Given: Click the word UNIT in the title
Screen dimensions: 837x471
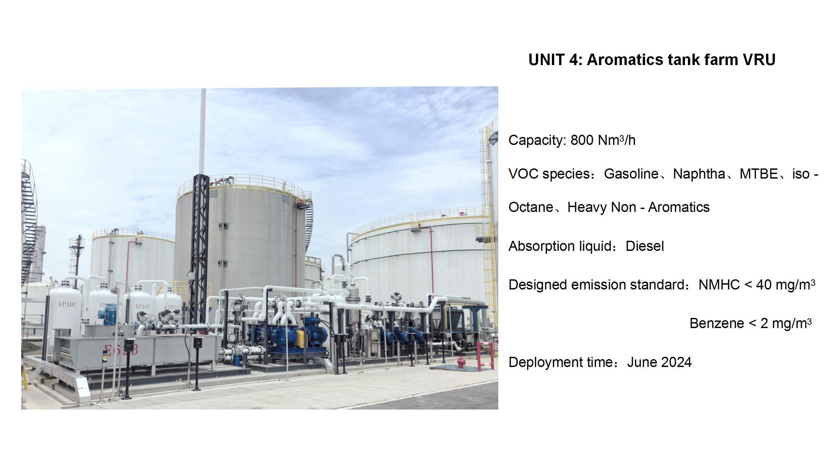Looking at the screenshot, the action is click(x=547, y=60).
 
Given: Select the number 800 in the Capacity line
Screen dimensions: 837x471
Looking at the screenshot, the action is click(x=582, y=140).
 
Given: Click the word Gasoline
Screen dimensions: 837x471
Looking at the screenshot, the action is click(x=631, y=174).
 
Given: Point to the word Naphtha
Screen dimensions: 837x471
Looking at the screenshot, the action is click(x=699, y=174).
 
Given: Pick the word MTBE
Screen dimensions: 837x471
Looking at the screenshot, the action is click(x=759, y=174).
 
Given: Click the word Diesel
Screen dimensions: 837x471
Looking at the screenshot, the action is click(x=645, y=246).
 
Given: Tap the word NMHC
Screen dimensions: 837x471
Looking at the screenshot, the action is click(x=719, y=285).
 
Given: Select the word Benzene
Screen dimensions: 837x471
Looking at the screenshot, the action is click(x=717, y=323).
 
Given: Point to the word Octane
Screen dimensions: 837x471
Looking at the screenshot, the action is click(x=531, y=207).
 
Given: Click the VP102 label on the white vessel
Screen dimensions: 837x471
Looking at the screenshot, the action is click(x=67, y=305).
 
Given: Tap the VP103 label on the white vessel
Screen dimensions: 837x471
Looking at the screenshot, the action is click(x=143, y=306).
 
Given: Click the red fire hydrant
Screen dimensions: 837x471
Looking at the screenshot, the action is click(x=461, y=362).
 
